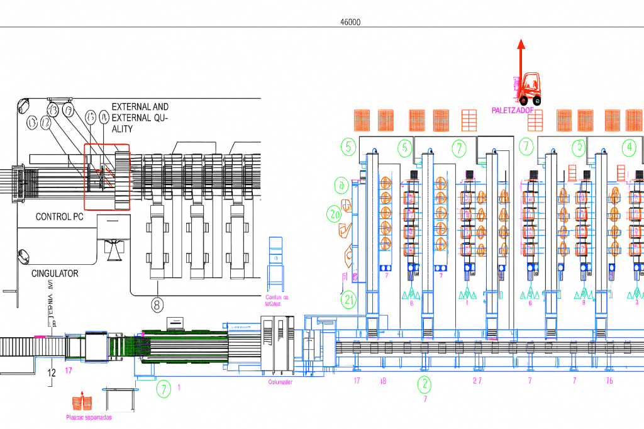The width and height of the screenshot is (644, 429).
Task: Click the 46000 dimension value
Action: tap(350, 22)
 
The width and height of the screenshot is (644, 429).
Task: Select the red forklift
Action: tap(530, 89)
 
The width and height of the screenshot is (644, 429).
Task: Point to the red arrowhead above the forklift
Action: tap(520, 44)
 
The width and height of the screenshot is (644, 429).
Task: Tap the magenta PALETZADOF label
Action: tap(513, 111)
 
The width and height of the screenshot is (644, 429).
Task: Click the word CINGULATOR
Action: tap(55, 274)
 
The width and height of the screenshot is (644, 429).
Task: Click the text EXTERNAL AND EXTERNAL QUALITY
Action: tap(140, 118)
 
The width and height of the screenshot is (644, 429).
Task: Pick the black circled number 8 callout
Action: tap(157, 304)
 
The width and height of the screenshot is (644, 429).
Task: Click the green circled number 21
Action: tap(349, 299)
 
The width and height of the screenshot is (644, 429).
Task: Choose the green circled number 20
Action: tap(334, 214)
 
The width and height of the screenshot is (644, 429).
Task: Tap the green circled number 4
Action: tap(628, 147)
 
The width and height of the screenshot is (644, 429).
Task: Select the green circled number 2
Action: tap(425, 383)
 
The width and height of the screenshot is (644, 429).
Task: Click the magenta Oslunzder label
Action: tap(280, 382)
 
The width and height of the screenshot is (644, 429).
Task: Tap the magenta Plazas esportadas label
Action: tap(89, 417)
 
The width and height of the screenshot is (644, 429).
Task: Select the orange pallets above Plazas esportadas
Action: tap(82, 402)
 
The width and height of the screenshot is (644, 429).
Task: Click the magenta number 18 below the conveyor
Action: tap(383, 381)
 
